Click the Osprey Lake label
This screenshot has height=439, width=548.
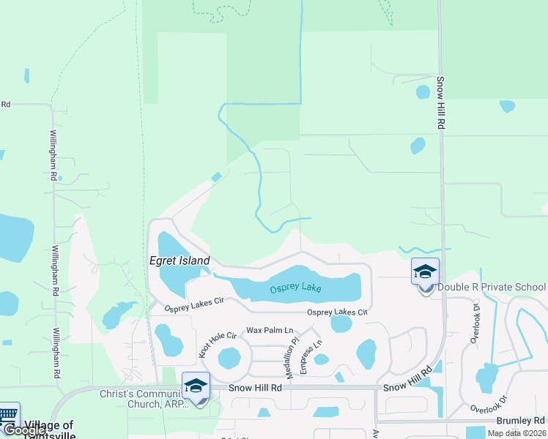pyautogui.click(x=295, y=288)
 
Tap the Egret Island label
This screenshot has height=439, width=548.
pyautogui.click(x=179, y=260)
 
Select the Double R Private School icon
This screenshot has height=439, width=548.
pyautogui.click(x=425, y=274)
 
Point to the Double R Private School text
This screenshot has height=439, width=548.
pyautogui.click(x=492, y=287)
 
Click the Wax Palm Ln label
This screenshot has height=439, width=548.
pyautogui.click(x=270, y=331)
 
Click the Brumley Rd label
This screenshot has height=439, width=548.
pyautogui.click(x=520, y=421)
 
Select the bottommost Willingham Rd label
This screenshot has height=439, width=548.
pyautogui.click(x=56, y=352)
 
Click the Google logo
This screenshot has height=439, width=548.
pyautogui.click(x=24, y=431)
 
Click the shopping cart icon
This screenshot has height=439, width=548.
pyautogui.click(x=8, y=415)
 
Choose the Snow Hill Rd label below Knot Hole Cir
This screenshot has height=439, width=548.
pyautogui.click(x=255, y=388)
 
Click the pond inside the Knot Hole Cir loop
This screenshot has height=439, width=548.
pyautogui.click(x=229, y=359)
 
